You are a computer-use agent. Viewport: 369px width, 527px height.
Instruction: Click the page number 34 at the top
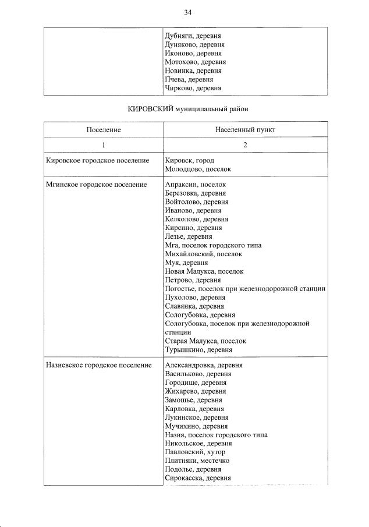(187, 12)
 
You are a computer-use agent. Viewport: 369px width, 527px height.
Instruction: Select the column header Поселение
(104, 129)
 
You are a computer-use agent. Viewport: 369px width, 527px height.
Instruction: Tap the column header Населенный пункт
(245, 129)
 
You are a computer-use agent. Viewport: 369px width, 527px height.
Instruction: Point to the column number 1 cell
(104, 146)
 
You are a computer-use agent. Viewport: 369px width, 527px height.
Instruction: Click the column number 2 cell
(245, 146)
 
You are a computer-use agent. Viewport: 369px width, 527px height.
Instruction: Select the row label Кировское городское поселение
(97, 161)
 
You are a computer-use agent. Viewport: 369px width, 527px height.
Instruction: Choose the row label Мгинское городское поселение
(96, 185)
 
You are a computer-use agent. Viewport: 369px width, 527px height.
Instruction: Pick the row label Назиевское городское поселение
(100, 365)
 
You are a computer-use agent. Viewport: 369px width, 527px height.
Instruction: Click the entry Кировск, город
(190, 161)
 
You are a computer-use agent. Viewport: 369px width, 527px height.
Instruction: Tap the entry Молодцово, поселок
(198, 169)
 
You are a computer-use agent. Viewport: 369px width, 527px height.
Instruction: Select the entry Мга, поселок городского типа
(214, 245)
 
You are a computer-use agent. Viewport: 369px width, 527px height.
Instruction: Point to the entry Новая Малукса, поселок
(204, 271)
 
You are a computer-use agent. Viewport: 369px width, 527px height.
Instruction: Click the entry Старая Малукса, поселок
(206, 341)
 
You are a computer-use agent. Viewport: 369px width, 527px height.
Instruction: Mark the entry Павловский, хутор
(195, 452)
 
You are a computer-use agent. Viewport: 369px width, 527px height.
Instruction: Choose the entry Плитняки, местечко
(197, 461)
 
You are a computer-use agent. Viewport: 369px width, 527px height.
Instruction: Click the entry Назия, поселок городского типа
(217, 435)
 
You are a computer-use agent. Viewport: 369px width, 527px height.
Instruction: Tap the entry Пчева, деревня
(189, 79)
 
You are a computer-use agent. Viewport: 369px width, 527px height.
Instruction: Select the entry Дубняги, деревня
(193, 36)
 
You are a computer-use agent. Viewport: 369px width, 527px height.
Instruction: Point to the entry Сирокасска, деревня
(198, 478)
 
